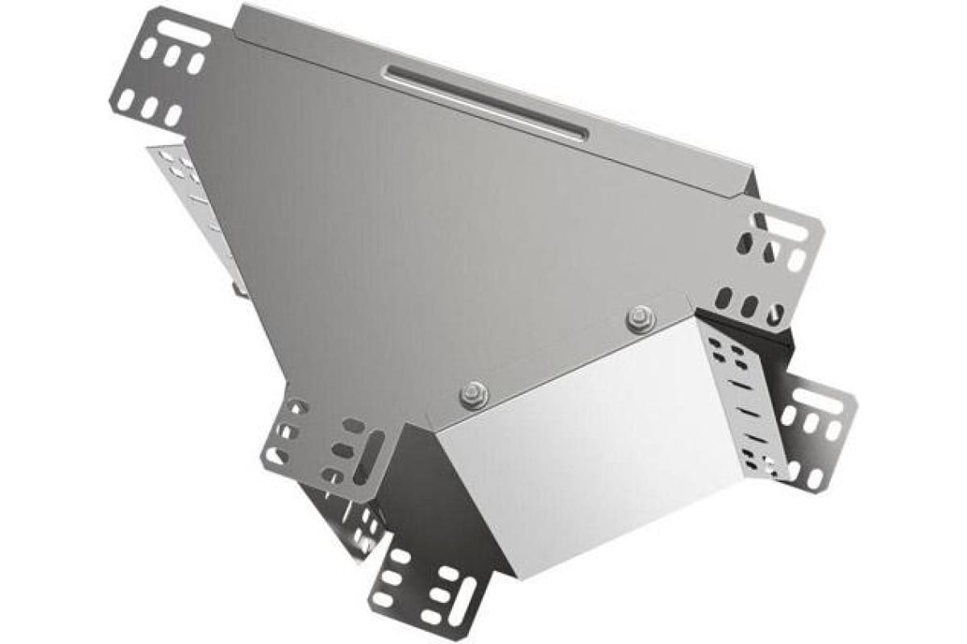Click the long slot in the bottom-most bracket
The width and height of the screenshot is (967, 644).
click(x=462, y=599)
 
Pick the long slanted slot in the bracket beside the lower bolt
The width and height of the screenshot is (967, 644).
click(x=371, y=455)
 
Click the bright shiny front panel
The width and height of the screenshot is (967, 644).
click(x=596, y=451)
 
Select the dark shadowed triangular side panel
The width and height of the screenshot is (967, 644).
click(x=435, y=499)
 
